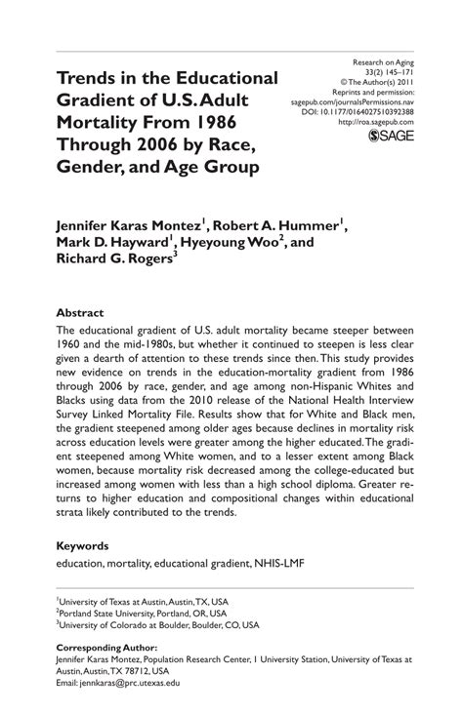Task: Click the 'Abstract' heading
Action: (80, 313)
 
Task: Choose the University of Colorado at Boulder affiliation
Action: (157, 625)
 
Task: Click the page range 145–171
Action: (405, 71)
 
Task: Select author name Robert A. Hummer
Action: (291, 224)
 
